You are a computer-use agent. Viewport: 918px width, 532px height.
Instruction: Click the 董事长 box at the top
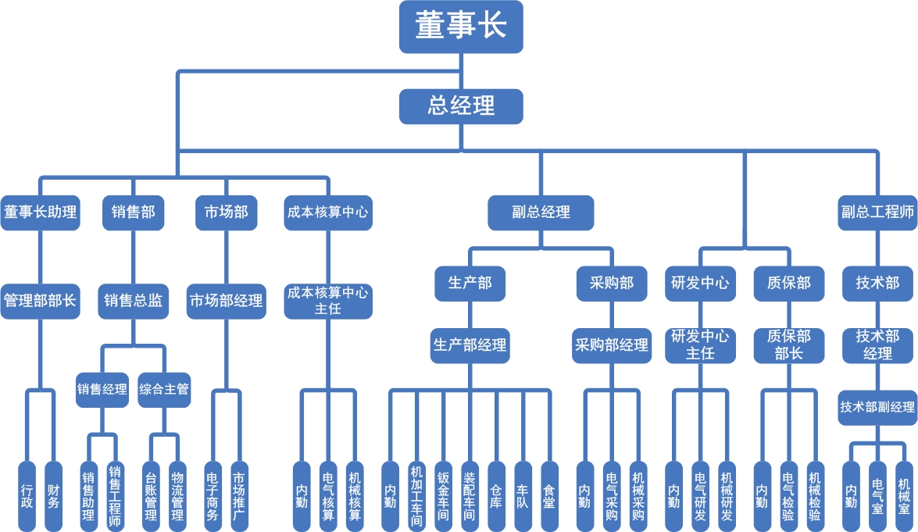461,27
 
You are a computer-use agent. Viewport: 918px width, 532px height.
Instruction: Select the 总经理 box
461,105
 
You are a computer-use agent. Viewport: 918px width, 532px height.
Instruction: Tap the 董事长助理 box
40,212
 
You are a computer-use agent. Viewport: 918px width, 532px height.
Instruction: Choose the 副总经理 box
541,212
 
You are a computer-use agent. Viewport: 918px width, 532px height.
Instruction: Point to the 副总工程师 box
877,212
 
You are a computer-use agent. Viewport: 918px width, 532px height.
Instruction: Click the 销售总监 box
134,300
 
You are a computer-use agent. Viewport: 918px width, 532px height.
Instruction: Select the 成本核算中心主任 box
327,301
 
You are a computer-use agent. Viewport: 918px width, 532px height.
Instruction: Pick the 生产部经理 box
470,345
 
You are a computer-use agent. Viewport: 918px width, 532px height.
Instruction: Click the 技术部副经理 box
877,407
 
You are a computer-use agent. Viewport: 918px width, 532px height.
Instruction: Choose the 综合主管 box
164,389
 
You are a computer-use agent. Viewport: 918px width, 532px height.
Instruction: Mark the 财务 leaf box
53,496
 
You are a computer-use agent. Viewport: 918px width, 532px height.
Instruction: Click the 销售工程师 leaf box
115,496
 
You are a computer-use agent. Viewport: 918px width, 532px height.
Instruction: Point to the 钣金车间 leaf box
443,496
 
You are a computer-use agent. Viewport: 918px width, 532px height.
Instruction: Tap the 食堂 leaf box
549,496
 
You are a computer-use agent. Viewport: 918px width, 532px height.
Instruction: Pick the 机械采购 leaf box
638,496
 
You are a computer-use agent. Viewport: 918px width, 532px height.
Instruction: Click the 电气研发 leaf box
701,496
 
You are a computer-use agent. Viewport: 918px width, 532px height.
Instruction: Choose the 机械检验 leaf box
815,496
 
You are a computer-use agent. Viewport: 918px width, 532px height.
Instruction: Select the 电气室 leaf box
877,496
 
